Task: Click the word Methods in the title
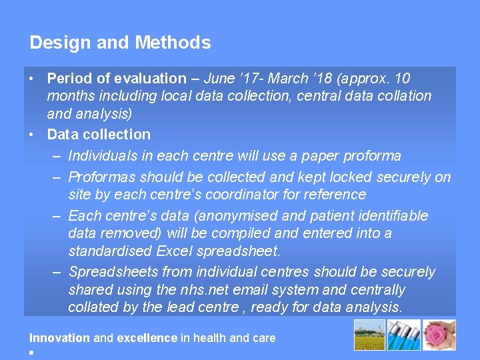coord(173,43)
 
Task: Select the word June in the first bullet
coord(220,78)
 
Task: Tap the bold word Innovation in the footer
coord(59,338)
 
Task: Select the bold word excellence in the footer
coord(147,338)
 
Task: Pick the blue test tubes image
coord(405,335)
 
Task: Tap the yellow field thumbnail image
coord(371,335)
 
